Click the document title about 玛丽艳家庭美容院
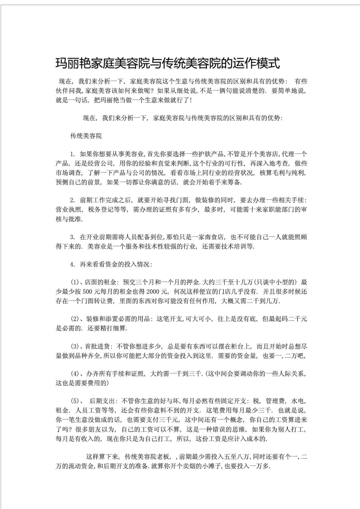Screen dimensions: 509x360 click(168, 63)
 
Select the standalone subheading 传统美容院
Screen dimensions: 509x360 click(86, 136)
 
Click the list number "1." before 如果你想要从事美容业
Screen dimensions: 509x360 click(73, 154)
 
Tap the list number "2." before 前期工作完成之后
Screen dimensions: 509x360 click(73, 201)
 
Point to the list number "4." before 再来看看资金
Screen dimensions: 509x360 click(73, 264)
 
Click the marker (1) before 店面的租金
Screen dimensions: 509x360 click(75, 282)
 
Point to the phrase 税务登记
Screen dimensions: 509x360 click(101, 210)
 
